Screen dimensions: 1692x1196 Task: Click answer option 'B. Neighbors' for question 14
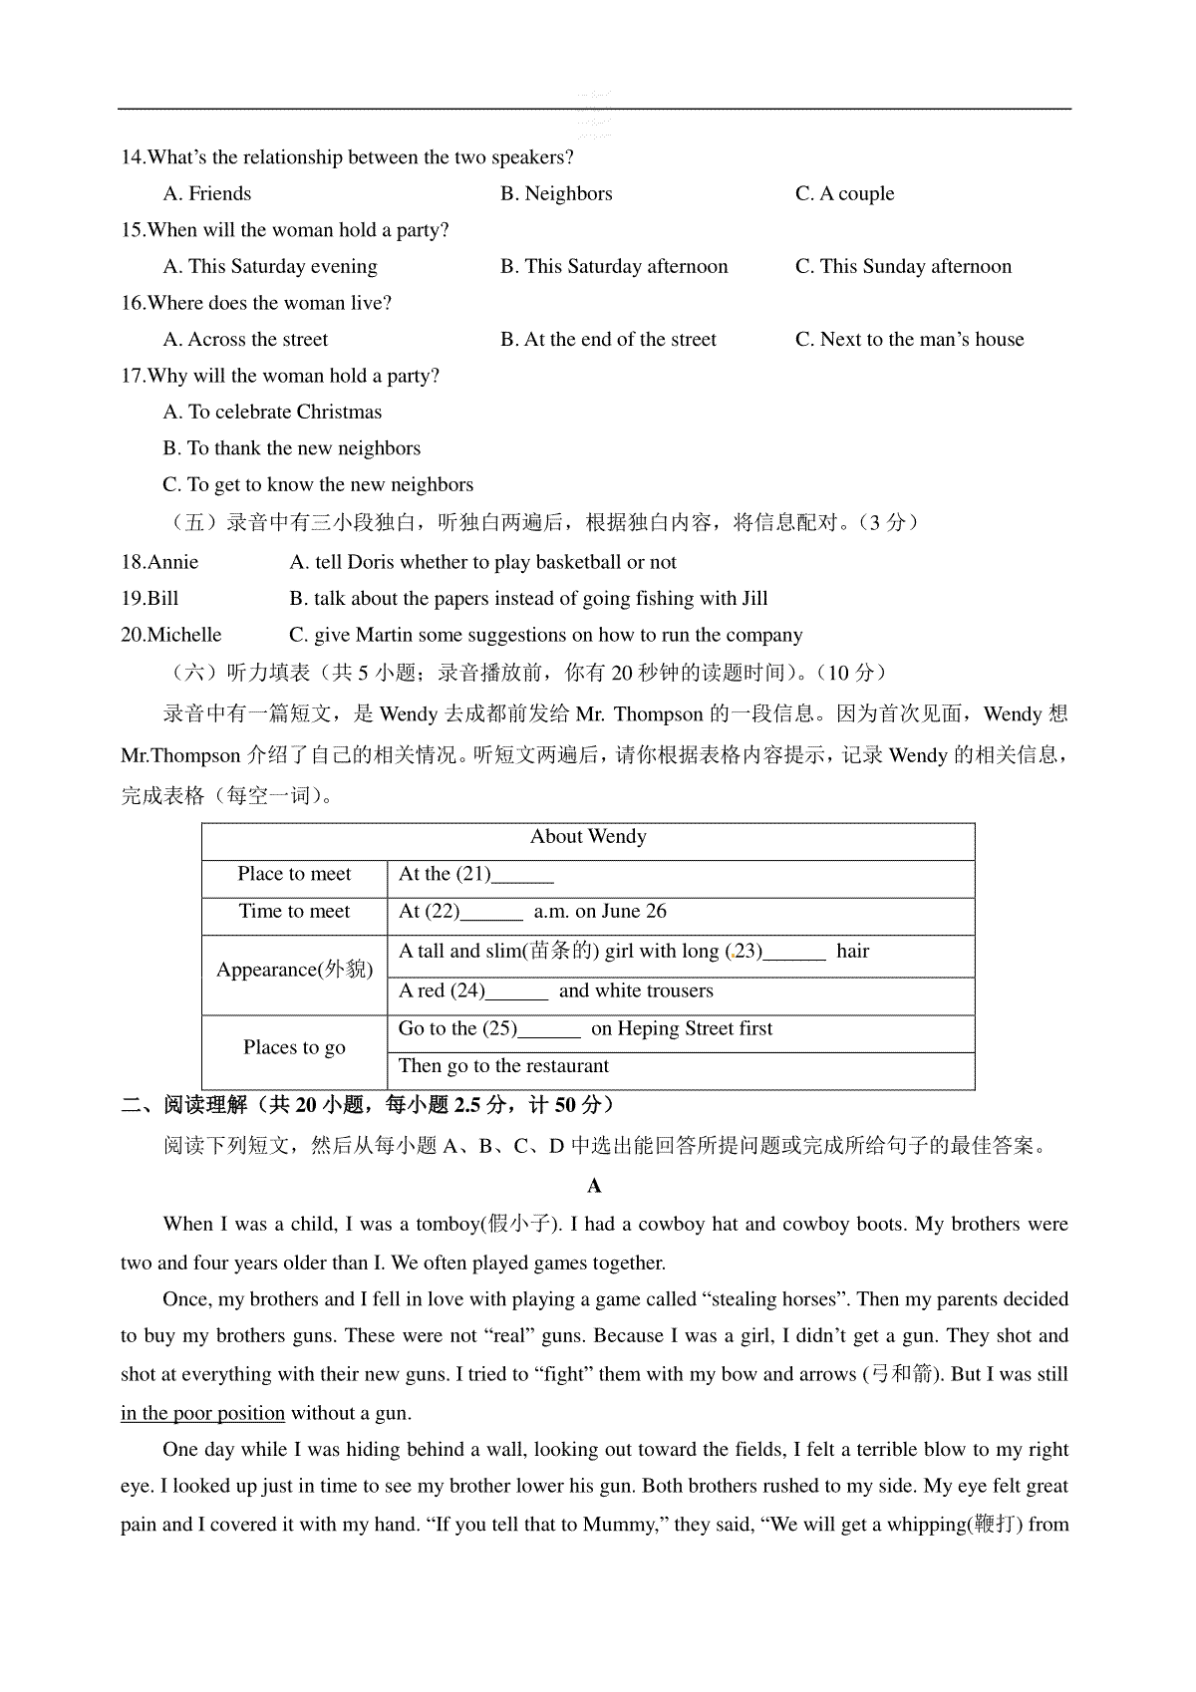(556, 193)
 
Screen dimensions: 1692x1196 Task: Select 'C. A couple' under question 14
(844, 193)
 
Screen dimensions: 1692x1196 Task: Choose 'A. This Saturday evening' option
(270, 266)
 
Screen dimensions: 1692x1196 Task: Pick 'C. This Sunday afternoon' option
(903, 266)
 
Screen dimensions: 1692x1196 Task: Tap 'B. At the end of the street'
(608, 339)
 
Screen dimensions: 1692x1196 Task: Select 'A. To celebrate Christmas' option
(272, 412)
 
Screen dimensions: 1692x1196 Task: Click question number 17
(133, 376)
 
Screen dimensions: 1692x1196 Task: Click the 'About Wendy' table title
(588, 837)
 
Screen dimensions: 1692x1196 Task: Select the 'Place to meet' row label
(294, 874)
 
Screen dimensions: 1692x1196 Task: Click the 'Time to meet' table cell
(294, 911)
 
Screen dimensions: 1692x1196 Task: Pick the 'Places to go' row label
(294, 1047)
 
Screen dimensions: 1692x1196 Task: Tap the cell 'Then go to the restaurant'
(503, 1066)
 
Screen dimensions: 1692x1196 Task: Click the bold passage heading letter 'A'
(595, 1186)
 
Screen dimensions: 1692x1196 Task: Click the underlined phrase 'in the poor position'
(202, 1413)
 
